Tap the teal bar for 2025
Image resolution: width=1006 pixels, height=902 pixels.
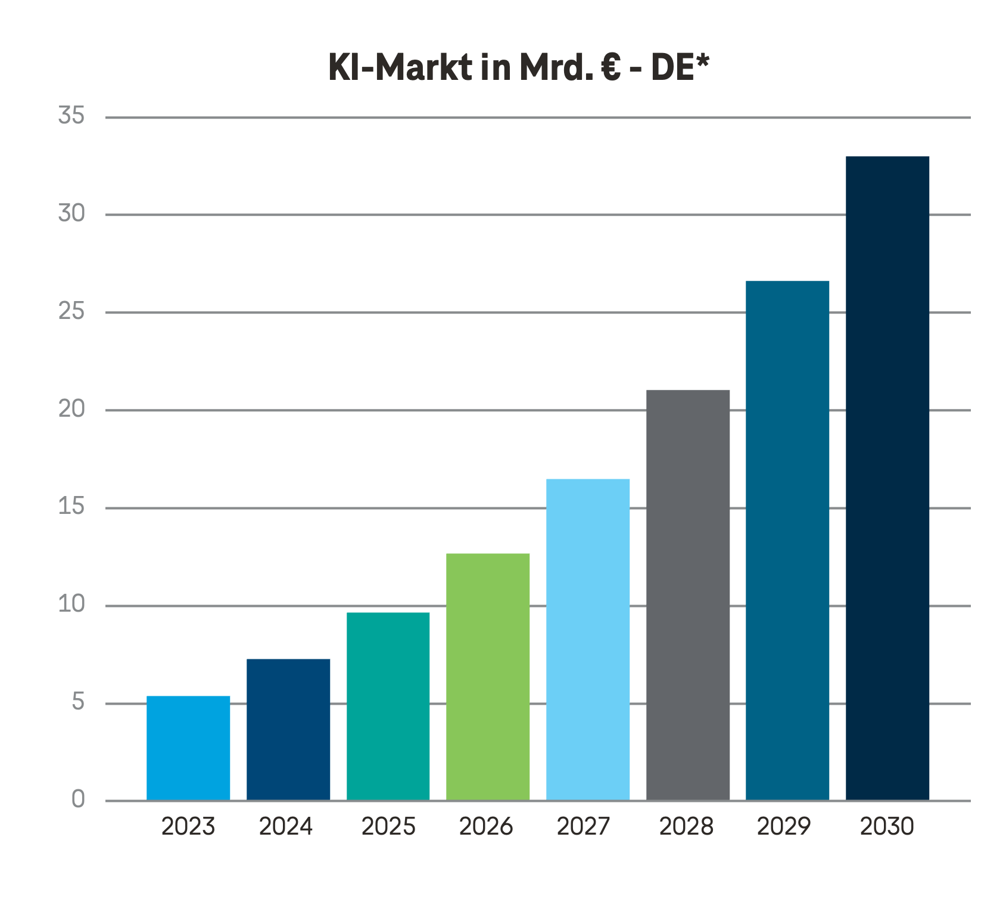click(388, 706)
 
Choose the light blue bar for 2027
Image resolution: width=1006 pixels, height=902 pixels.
click(588, 639)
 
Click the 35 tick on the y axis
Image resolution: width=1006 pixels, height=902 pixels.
click(71, 116)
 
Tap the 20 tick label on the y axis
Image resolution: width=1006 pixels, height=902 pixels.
click(71, 409)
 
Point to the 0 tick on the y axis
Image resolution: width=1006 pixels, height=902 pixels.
click(78, 799)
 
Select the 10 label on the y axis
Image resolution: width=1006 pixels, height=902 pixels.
click(71, 605)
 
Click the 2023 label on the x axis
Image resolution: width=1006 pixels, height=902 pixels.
click(188, 827)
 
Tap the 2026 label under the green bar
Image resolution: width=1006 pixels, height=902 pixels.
click(486, 827)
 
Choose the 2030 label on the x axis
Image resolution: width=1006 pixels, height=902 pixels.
click(887, 827)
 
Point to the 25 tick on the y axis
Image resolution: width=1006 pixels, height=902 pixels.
click(71, 311)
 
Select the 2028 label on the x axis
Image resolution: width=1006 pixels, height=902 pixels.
click(686, 827)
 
